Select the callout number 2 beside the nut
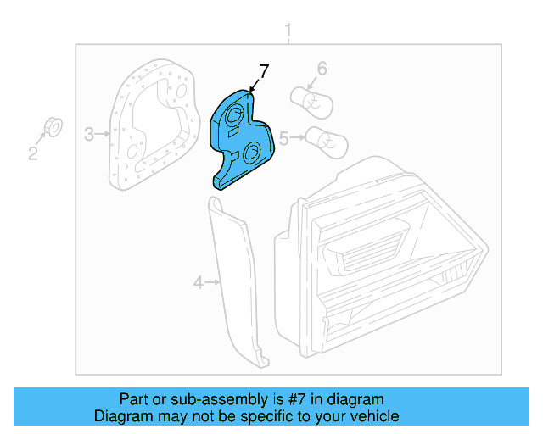33,153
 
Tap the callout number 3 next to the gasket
89,133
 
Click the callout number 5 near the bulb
285,135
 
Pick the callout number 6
322,68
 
